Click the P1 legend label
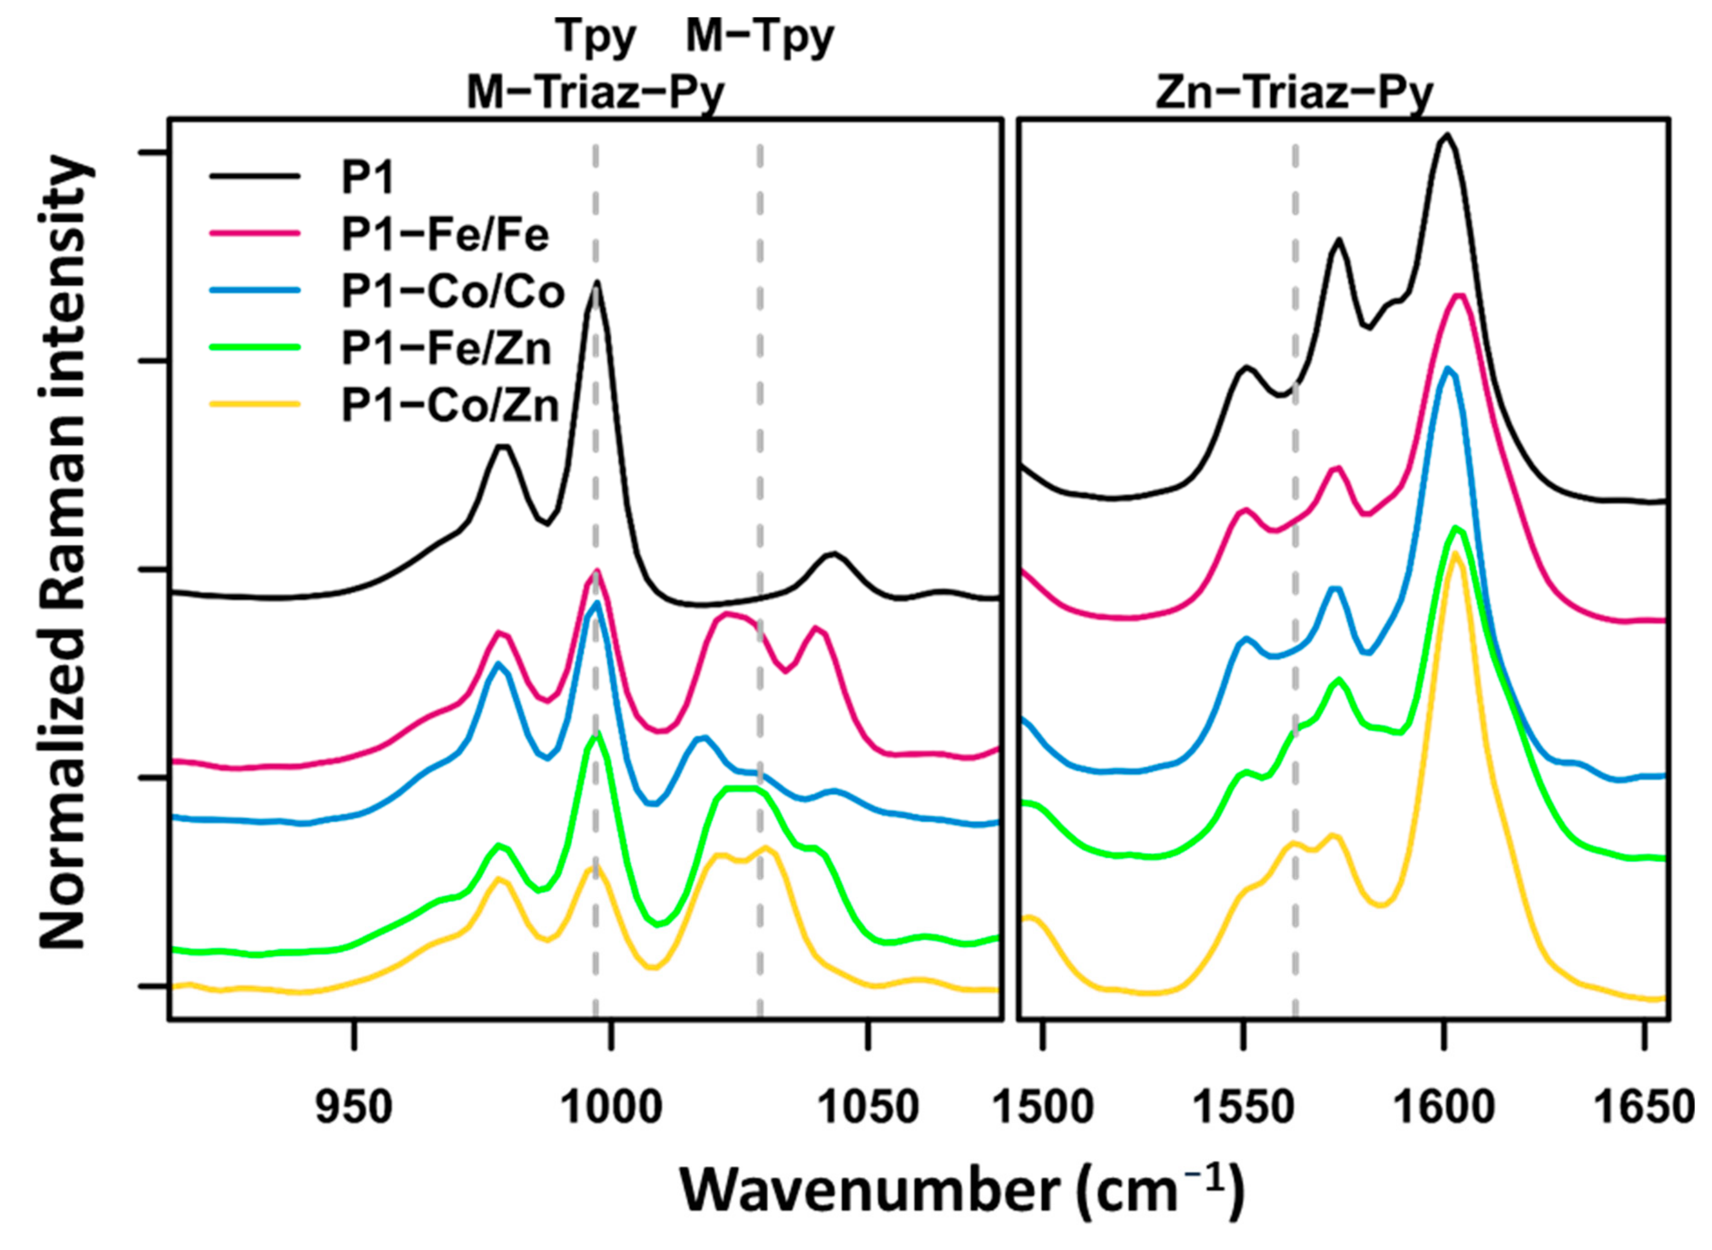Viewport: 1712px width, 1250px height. click(x=368, y=179)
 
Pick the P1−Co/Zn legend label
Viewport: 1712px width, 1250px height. click(x=450, y=407)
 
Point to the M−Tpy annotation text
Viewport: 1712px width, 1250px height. click(x=760, y=38)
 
